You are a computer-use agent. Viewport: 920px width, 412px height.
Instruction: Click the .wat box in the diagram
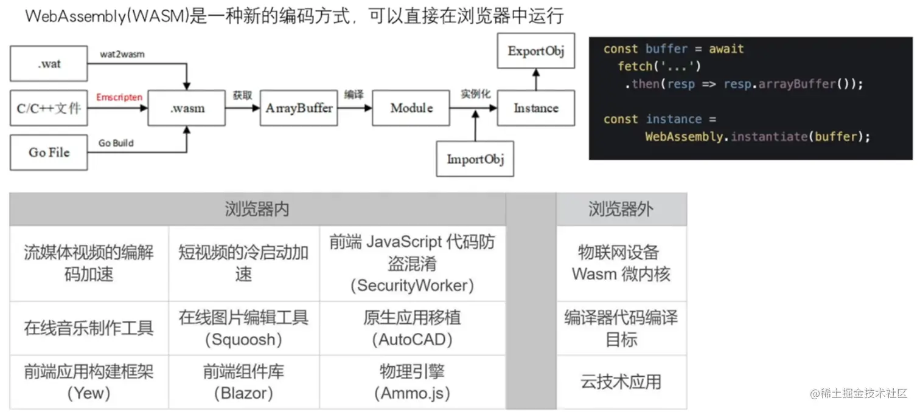(x=49, y=63)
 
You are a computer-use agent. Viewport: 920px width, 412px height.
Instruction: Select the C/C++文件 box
(x=49, y=109)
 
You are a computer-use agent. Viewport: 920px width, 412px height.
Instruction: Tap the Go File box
(x=49, y=153)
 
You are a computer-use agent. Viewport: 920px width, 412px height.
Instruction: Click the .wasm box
(x=187, y=109)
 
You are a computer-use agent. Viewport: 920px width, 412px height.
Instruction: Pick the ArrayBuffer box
(x=299, y=109)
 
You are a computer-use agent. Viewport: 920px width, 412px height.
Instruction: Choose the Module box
(x=411, y=109)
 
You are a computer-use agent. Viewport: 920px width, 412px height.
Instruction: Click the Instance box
(x=535, y=109)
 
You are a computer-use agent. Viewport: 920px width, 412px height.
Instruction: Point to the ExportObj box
(x=536, y=51)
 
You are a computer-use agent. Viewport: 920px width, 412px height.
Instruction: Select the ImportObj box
(x=475, y=159)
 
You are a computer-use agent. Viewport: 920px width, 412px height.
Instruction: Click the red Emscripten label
(x=119, y=97)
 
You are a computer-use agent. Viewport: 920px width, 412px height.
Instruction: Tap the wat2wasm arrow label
(x=122, y=54)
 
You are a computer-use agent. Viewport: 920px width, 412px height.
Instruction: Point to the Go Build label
(x=116, y=143)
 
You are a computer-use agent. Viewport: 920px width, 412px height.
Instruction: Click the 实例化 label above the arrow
(x=475, y=94)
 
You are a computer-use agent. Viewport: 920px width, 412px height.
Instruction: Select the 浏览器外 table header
(x=621, y=210)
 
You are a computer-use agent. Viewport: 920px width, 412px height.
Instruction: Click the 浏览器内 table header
(x=257, y=210)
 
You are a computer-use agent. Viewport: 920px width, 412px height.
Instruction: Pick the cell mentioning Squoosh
(x=243, y=328)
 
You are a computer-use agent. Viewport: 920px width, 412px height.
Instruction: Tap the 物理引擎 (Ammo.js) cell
(x=412, y=382)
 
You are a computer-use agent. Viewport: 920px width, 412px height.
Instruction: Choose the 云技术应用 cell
(x=621, y=382)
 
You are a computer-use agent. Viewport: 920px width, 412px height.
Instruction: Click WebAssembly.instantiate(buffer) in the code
(x=758, y=137)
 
